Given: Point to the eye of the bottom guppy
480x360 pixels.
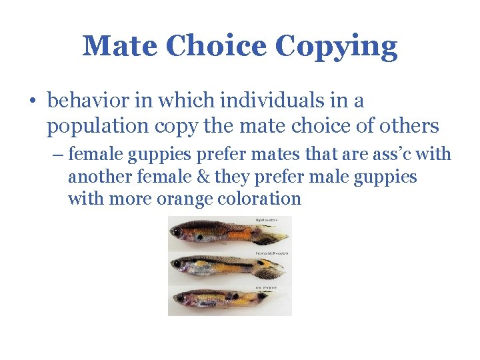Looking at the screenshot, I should point(178,297).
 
